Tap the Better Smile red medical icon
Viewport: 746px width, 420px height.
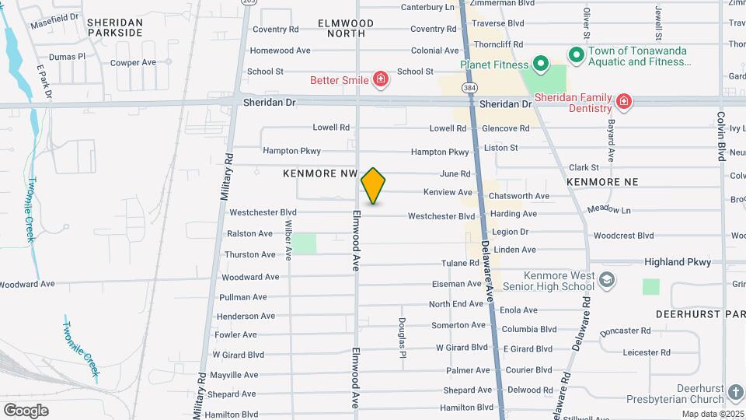380,79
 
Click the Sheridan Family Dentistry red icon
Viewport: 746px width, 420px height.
622,100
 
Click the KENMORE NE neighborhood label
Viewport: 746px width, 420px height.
602,181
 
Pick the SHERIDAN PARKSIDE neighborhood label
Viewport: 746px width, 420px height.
115,27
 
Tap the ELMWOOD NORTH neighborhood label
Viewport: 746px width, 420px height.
346,28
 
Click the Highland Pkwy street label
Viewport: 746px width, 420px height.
677,262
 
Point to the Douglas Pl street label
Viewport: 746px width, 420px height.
403,332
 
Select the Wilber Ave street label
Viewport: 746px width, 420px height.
288,243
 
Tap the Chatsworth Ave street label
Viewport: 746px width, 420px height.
518,196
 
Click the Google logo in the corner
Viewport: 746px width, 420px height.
26,410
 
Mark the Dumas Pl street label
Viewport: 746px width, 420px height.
67,57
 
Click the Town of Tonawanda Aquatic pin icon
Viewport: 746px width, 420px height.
576,54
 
